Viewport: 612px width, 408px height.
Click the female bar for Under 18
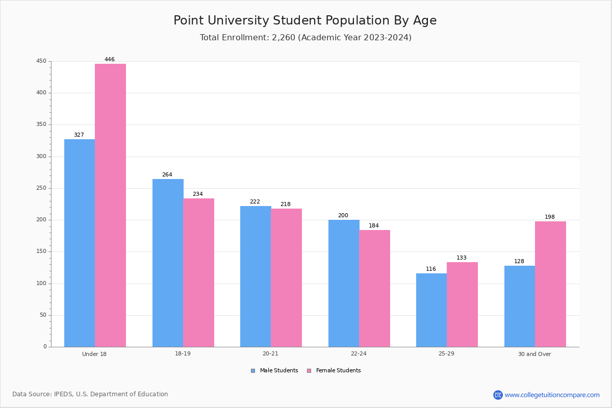[x=110, y=205]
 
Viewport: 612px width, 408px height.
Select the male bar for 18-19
[x=168, y=263]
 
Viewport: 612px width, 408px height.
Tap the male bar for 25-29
[x=431, y=310]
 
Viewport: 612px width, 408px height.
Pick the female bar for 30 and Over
[x=550, y=284]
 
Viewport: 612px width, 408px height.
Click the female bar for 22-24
[x=374, y=289]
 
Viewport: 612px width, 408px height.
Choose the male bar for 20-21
[x=256, y=276]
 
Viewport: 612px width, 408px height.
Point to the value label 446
[x=110, y=59]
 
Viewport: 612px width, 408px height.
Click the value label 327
[x=79, y=135]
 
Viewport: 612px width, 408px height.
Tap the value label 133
[x=462, y=258]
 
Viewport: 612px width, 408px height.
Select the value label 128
[x=519, y=261]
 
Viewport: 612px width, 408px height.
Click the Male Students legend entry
[x=274, y=371]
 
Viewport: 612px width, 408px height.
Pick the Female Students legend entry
[x=334, y=371]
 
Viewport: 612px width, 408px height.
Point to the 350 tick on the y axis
[x=41, y=124]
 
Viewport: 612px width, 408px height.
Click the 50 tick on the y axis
[x=43, y=315]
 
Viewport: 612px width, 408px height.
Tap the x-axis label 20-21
[x=270, y=353]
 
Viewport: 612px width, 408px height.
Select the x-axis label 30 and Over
[x=534, y=354]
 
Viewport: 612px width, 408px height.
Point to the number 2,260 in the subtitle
[x=284, y=37]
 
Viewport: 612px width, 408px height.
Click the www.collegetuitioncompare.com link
[x=552, y=395]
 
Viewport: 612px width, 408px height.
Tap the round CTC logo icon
[x=498, y=395]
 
